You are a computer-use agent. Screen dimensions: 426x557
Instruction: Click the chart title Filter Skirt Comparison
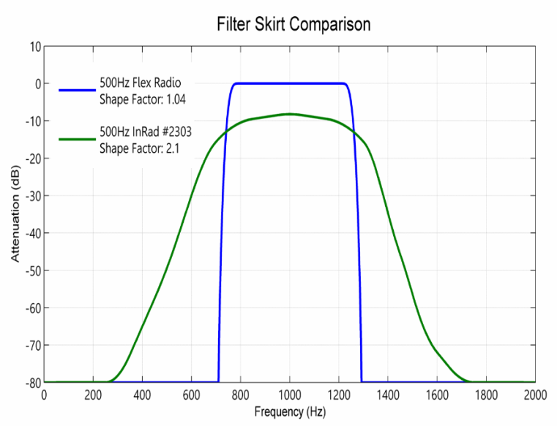click(x=293, y=24)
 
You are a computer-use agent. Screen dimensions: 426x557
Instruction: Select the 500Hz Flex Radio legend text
click(x=140, y=82)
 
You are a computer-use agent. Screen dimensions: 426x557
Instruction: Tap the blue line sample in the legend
click(x=77, y=89)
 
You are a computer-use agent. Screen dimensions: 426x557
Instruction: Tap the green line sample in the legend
click(x=77, y=139)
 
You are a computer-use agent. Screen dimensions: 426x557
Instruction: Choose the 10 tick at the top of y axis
click(x=34, y=46)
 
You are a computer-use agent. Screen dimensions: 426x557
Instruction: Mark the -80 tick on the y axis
click(x=31, y=381)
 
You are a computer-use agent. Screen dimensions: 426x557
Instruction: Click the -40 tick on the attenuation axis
click(x=31, y=232)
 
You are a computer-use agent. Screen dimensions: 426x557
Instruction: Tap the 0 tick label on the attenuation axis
click(x=37, y=83)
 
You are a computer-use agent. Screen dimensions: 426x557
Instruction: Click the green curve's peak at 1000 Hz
click(x=290, y=114)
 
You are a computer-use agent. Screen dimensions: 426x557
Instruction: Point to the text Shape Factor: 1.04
click(x=140, y=96)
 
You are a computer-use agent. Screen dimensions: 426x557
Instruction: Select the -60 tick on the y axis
click(x=31, y=307)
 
